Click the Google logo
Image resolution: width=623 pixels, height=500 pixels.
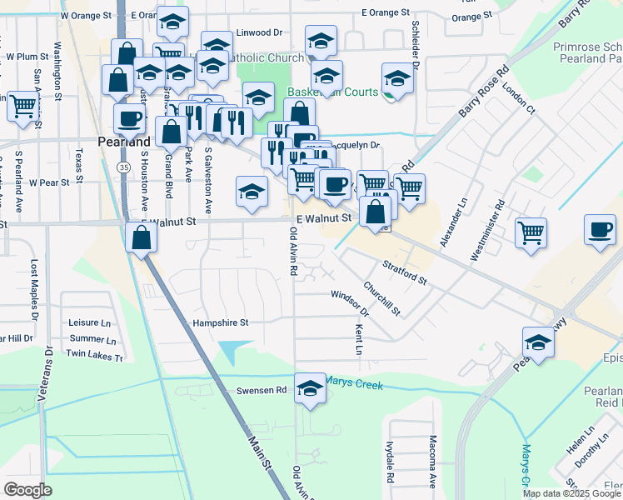(x=28, y=490)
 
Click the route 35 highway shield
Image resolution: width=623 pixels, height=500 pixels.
(x=123, y=167)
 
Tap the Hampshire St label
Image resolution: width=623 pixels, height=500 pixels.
(x=221, y=322)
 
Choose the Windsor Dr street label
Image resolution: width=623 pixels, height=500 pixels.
(x=349, y=302)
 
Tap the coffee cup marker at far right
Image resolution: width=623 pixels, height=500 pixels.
(x=600, y=230)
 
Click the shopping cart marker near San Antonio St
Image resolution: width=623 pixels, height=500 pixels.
(x=22, y=107)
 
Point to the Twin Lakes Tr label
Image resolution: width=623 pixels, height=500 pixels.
(x=94, y=356)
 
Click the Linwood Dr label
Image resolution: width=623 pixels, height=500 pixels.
(x=260, y=32)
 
